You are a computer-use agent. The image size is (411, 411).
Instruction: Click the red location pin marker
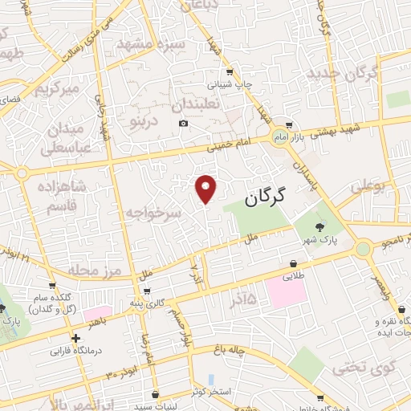(207, 189)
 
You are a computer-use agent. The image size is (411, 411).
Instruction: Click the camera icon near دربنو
(184, 123)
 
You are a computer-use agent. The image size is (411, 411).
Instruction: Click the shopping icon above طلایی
(295, 264)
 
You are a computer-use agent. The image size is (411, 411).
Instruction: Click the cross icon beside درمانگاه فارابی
(75, 339)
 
